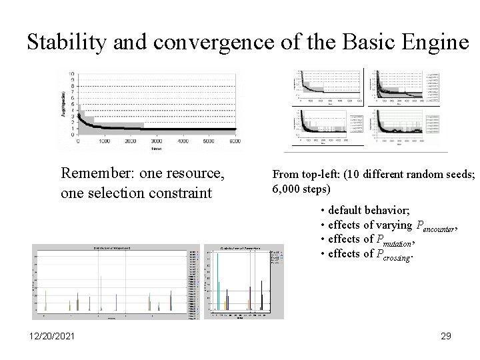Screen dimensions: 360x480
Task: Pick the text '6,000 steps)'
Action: click(301, 189)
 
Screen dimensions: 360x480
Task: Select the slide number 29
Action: click(446, 337)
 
